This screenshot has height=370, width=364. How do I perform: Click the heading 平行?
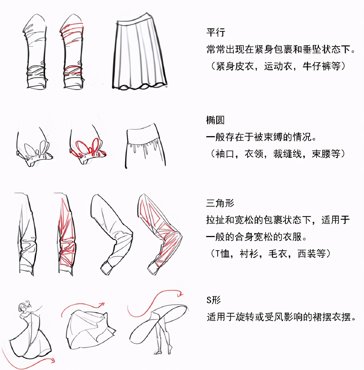[x=215, y=32]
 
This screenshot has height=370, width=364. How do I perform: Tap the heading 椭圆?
[x=215, y=120]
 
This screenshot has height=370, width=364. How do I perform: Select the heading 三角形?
[x=220, y=203]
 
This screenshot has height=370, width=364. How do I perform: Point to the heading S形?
[x=213, y=300]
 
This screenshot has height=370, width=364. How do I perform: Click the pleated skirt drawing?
[x=139, y=52]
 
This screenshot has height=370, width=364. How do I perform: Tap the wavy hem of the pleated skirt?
[x=139, y=87]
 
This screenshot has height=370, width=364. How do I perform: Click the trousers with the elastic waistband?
[x=145, y=146]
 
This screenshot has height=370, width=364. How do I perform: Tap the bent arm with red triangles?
[x=160, y=234]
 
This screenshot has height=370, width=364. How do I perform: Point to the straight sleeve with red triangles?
[x=66, y=234]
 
